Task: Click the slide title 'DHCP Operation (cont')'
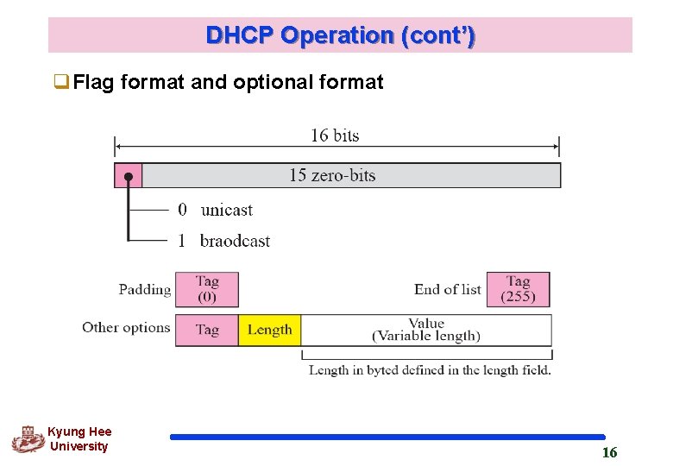click(340, 36)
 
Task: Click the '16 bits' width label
click(335, 135)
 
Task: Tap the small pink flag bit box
click(128, 175)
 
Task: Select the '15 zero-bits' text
click(332, 175)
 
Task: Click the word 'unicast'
click(226, 210)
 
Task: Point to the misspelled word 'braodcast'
click(235, 241)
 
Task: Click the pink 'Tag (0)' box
click(207, 289)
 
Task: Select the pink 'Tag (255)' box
click(518, 289)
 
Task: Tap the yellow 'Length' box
click(269, 330)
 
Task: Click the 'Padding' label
click(144, 290)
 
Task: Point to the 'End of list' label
click(447, 290)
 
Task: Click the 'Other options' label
click(126, 327)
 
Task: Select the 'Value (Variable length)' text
click(426, 330)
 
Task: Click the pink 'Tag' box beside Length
click(207, 330)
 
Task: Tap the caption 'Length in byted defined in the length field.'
click(430, 370)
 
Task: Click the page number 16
click(609, 452)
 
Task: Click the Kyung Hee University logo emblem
click(28, 439)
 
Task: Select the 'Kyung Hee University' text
click(79, 439)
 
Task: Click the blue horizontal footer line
click(387, 438)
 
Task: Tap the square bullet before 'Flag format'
click(60, 83)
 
